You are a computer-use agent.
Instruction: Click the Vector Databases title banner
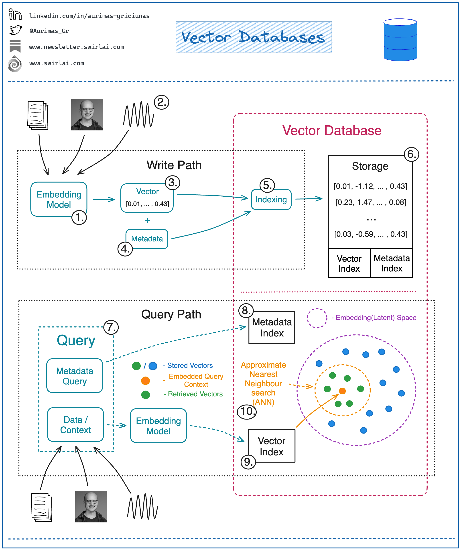(253, 37)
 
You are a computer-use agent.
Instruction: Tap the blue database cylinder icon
(400, 40)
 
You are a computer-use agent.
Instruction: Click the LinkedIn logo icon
(15, 14)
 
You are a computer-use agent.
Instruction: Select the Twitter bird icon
(15, 30)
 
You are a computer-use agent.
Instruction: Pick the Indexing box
(271, 200)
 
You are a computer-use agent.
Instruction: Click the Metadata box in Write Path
(147, 239)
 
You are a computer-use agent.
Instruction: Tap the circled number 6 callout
(411, 154)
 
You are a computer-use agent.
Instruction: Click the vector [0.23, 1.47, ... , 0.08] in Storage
(370, 202)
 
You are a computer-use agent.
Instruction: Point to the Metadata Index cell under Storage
(391, 263)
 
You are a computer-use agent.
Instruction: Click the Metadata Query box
(75, 376)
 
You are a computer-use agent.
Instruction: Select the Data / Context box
(75, 425)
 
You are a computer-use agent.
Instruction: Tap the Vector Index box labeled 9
(272, 446)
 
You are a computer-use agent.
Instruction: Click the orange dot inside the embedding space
(342, 391)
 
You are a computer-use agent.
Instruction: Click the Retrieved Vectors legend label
(195, 394)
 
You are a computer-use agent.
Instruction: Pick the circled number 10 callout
(247, 411)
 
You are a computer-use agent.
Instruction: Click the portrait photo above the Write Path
(87, 114)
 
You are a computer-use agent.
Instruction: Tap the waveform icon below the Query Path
(142, 506)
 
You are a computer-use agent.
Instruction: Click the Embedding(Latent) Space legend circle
(317, 318)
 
